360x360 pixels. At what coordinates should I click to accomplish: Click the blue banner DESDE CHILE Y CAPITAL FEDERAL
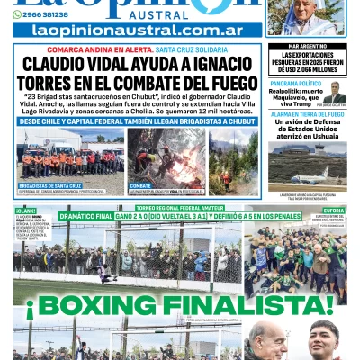pos(135,120)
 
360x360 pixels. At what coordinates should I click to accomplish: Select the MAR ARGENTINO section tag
pos(306,46)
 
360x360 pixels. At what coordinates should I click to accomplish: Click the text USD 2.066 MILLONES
pos(306,69)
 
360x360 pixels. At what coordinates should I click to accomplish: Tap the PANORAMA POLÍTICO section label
pos(295,83)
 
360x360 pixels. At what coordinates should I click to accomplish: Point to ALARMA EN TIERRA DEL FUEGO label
pos(306,114)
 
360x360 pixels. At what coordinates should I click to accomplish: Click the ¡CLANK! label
pos(24,211)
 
